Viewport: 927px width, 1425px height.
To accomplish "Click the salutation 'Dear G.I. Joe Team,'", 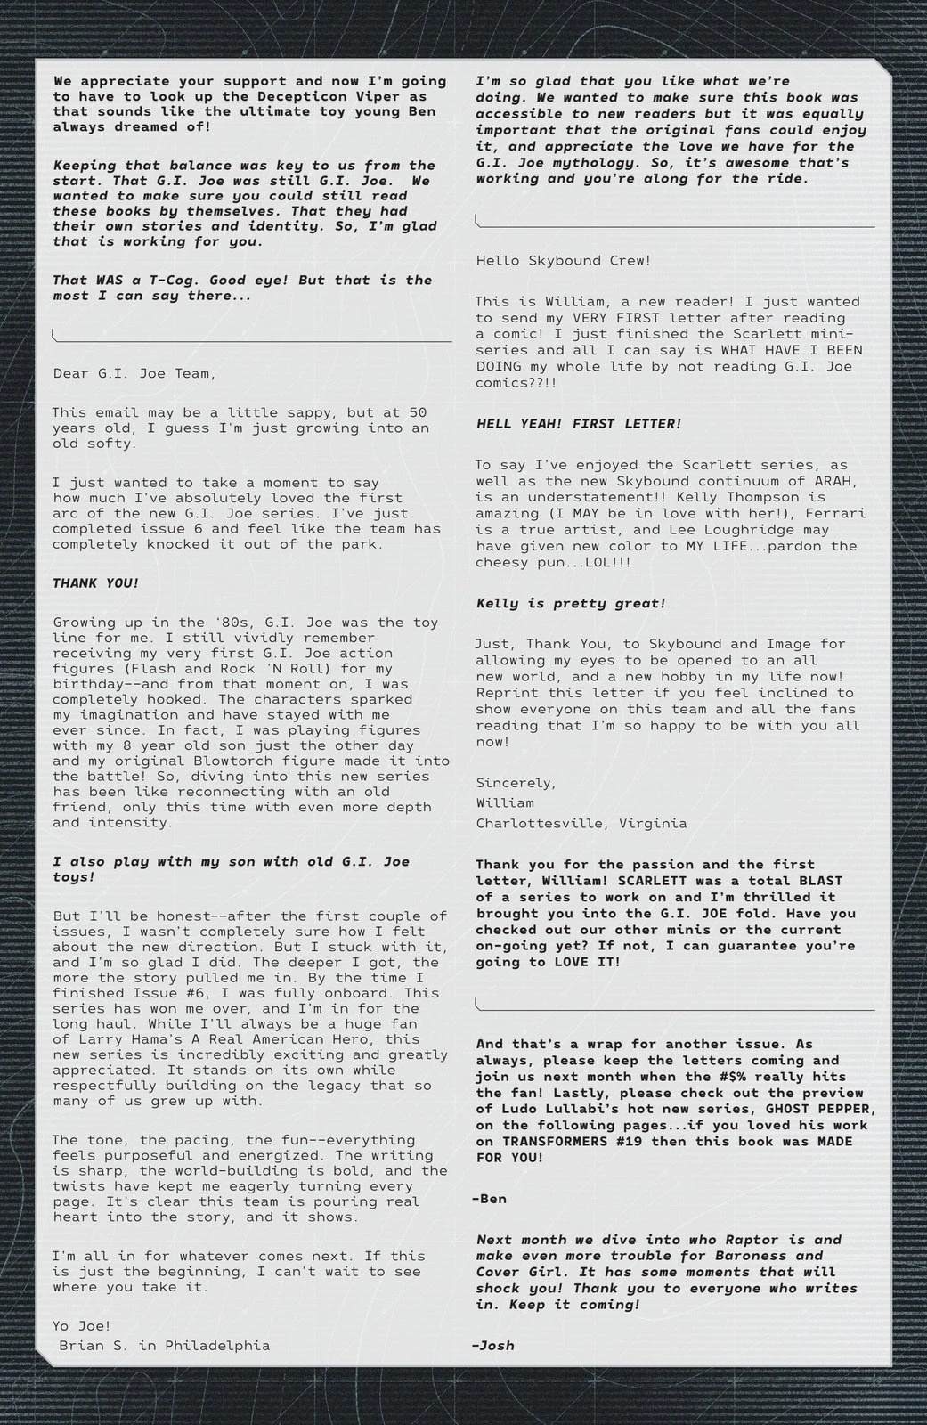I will (x=134, y=373).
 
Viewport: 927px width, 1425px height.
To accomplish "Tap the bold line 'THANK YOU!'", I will (x=95, y=583).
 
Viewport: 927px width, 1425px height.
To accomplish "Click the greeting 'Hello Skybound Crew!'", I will (x=563, y=261).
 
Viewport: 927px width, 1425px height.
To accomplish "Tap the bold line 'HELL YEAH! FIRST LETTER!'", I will (x=579, y=424).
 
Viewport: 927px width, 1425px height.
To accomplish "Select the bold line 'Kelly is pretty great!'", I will (x=571, y=603).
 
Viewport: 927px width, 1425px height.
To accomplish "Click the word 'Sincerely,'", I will (x=516, y=783).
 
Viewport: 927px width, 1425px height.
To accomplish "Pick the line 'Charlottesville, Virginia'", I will (x=581, y=823).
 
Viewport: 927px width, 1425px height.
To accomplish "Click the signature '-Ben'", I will (x=489, y=1199).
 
